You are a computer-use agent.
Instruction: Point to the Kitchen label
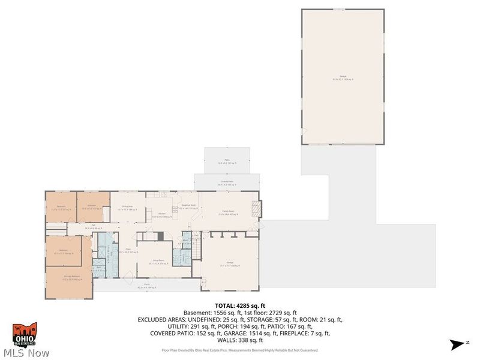coord(162,215)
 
